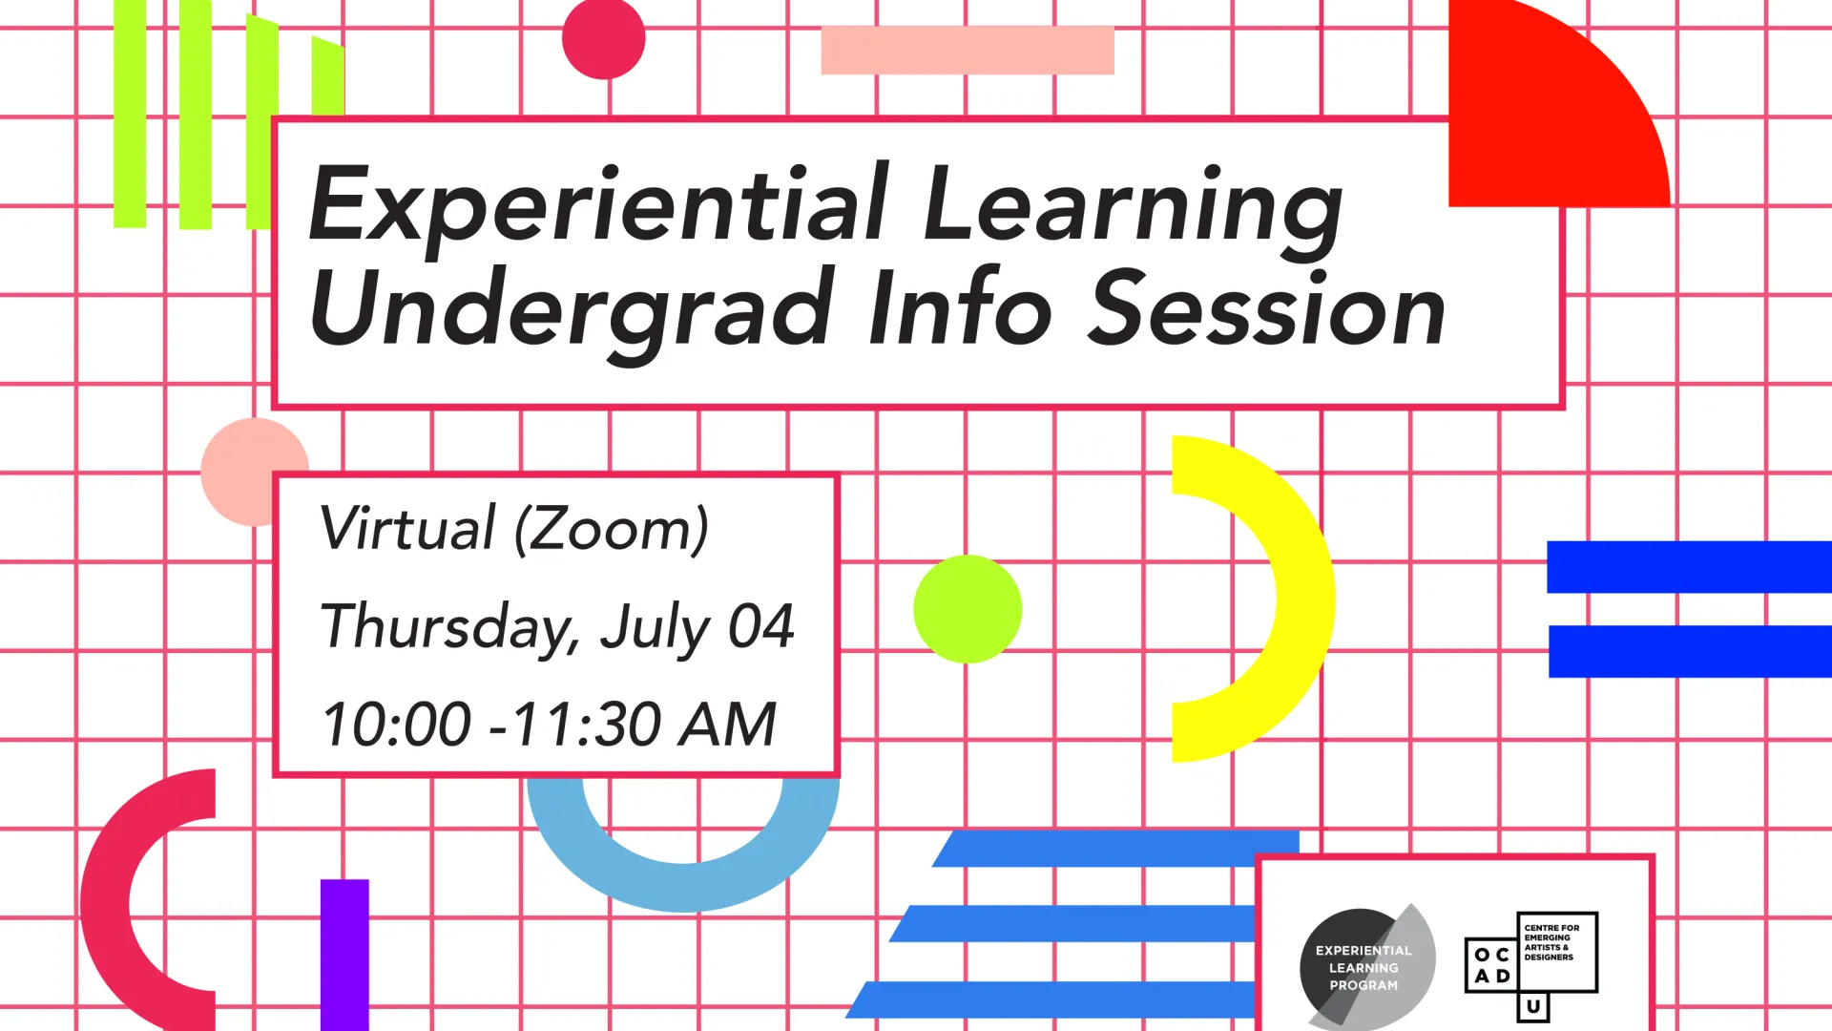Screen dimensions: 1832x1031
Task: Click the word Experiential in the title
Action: [x=598, y=205]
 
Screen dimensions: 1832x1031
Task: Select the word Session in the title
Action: [x=1268, y=307]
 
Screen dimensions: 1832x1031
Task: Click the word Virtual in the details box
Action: [x=407, y=527]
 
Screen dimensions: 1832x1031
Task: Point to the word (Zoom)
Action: [x=612, y=529]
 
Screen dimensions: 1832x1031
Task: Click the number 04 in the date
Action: [x=760, y=626]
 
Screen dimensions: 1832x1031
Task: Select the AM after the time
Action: [x=727, y=724]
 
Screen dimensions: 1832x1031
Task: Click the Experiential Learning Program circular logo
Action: [x=1366, y=967]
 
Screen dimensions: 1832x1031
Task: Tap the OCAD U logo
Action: [x=1531, y=965]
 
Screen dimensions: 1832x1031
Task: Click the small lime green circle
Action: [x=968, y=609]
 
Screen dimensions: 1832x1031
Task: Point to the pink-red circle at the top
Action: [x=604, y=38]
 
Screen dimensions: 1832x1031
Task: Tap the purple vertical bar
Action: [x=344, y=955]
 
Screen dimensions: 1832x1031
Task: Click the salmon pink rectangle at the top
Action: [x=968, y=50]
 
